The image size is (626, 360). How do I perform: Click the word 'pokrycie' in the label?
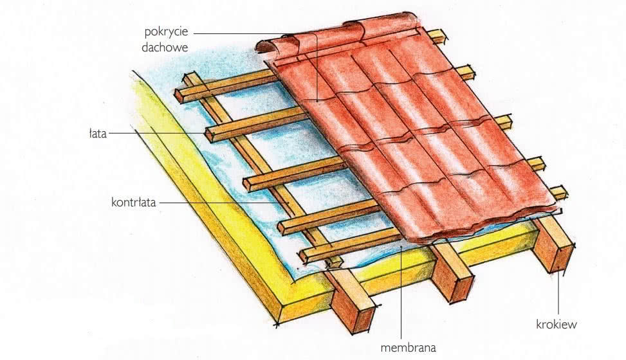166,32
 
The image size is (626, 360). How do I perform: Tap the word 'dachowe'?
165,48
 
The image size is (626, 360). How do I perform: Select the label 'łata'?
98,133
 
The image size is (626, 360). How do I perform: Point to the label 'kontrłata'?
133,203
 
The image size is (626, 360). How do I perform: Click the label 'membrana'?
408,348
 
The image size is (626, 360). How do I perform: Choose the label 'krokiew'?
556,324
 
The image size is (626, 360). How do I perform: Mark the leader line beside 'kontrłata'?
224,203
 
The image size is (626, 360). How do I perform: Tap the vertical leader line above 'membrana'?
401,292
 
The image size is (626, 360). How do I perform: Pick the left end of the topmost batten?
180,96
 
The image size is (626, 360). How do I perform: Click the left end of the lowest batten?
304,255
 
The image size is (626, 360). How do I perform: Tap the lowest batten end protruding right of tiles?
559,192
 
